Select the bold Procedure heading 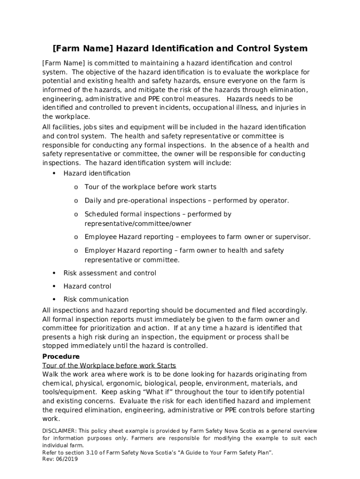click(x=61, y=356)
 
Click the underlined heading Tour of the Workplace click(x=109, y=365)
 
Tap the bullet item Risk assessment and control click(x=110, y=273)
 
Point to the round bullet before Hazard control click(x=54, y=286)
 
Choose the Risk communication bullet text click(x=96, y=299)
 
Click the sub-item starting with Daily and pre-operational click(x=187, y=201)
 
